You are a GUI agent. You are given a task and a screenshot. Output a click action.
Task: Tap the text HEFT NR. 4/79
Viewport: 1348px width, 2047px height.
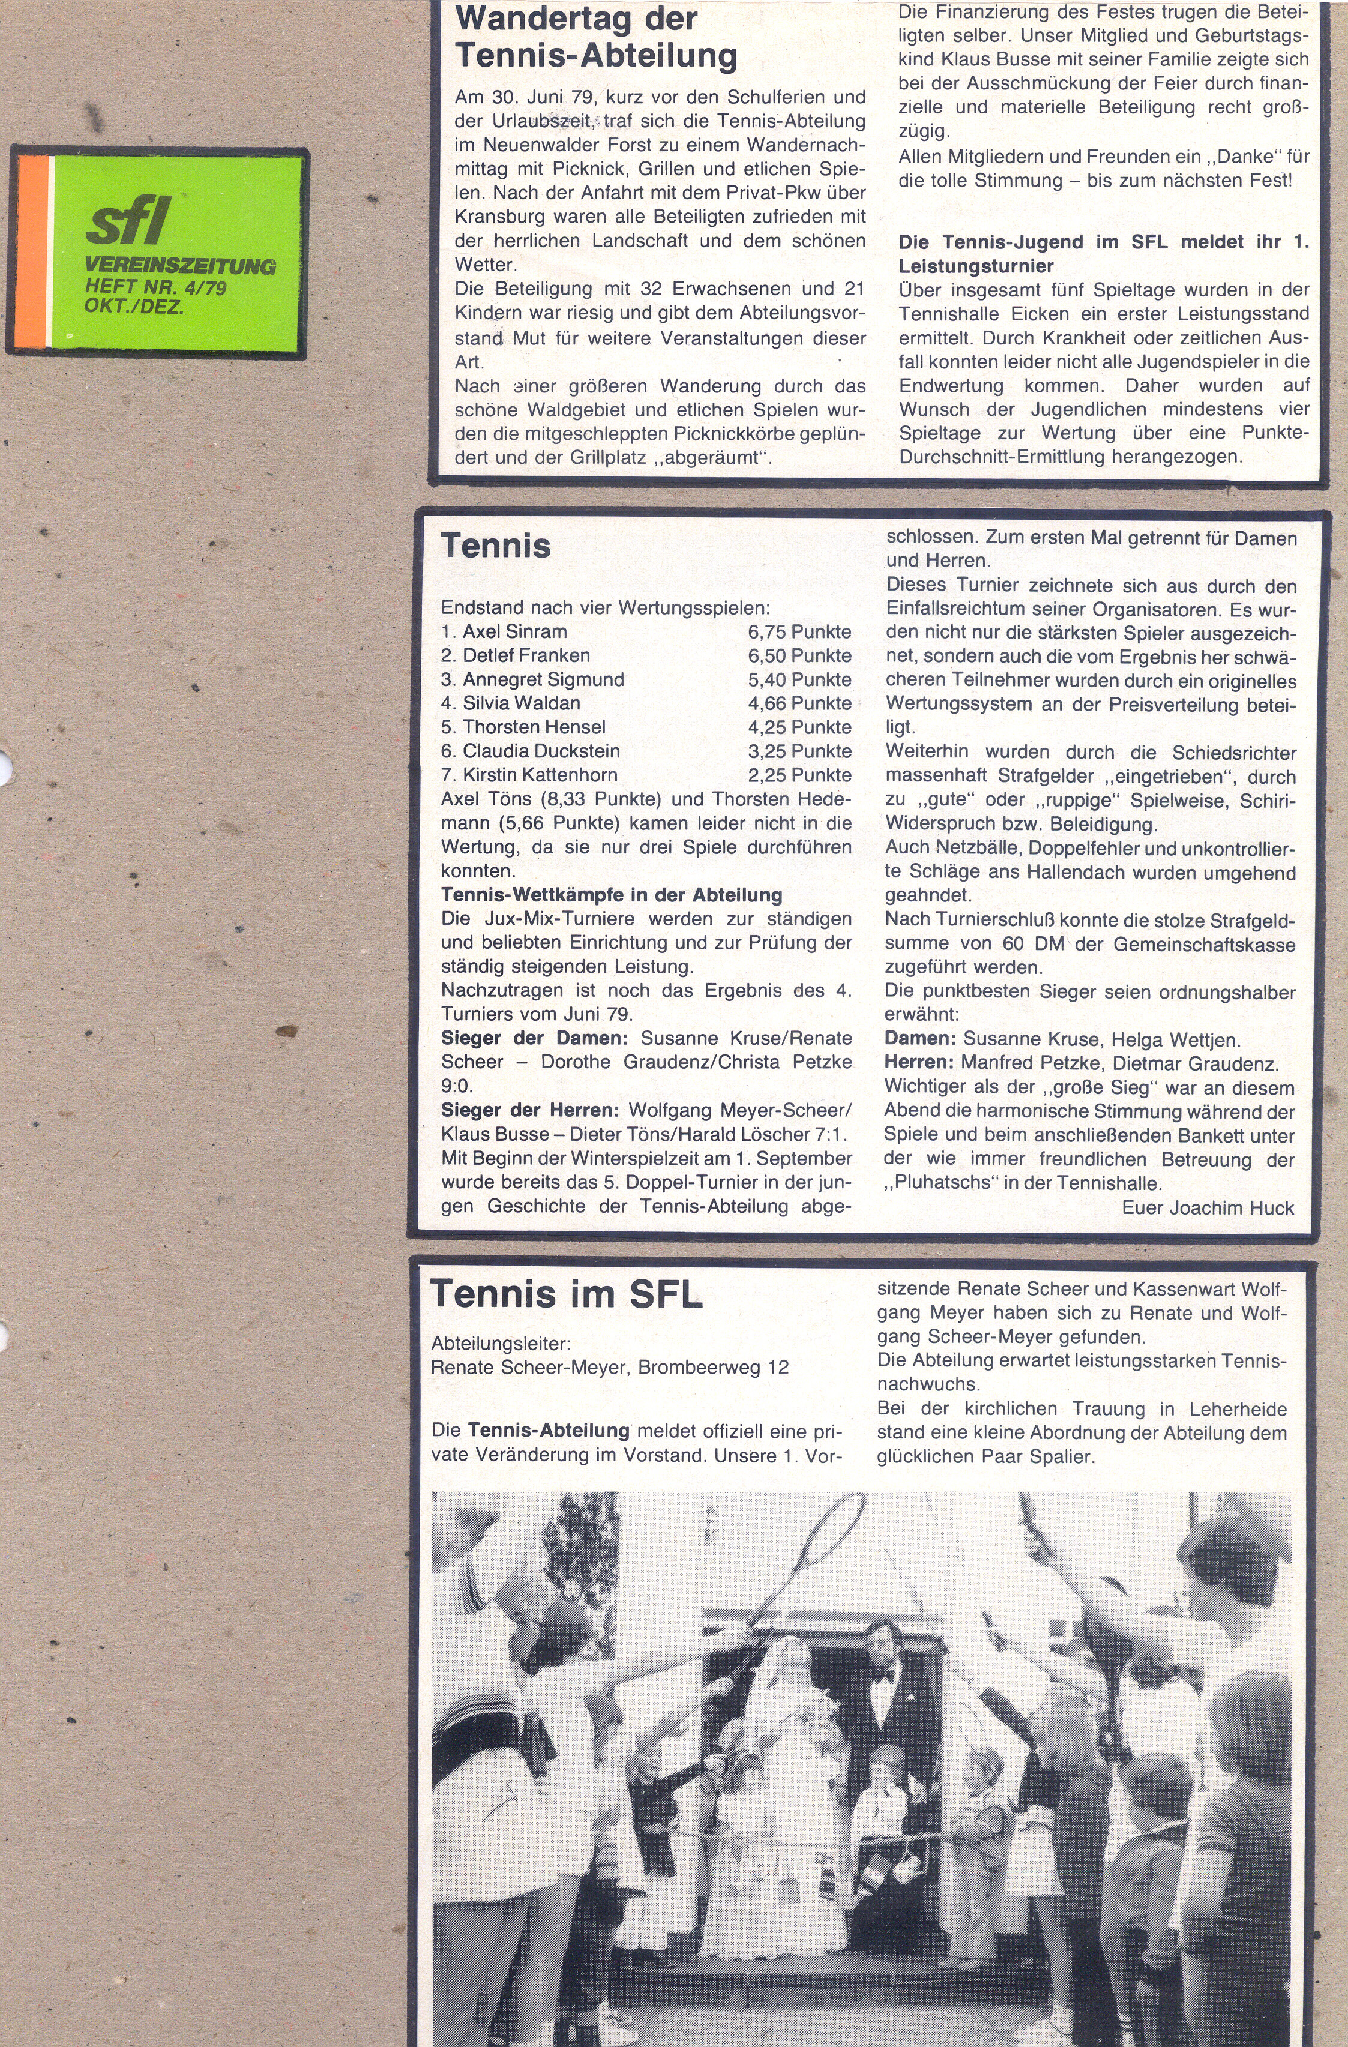pos(155,287)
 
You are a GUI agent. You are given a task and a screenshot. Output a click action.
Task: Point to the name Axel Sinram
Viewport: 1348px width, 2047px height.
pos(514,631)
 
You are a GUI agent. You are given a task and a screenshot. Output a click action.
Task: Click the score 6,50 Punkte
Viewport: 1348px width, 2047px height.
pos(799,655)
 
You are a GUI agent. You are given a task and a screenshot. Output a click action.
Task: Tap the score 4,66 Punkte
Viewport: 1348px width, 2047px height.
pos(799,703)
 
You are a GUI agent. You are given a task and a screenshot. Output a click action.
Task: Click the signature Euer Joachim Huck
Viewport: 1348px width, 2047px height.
pos(1207,1207)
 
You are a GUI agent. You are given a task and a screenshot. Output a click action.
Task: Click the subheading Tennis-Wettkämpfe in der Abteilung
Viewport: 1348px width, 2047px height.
pos(612,895)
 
